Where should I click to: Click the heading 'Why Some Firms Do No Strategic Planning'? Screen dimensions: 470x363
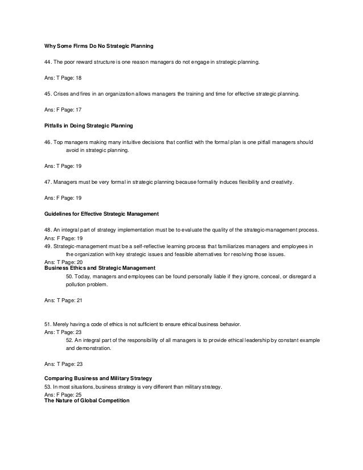coord(99,45)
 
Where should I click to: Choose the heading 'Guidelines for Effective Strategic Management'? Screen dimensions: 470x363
coord(101,213)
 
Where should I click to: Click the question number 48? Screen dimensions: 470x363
coord(48,230)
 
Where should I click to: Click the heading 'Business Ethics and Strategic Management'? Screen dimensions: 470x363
coord(100,267)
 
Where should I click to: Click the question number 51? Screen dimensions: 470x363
coord(48,324)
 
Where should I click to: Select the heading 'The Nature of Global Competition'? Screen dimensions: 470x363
coord(87,401)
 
